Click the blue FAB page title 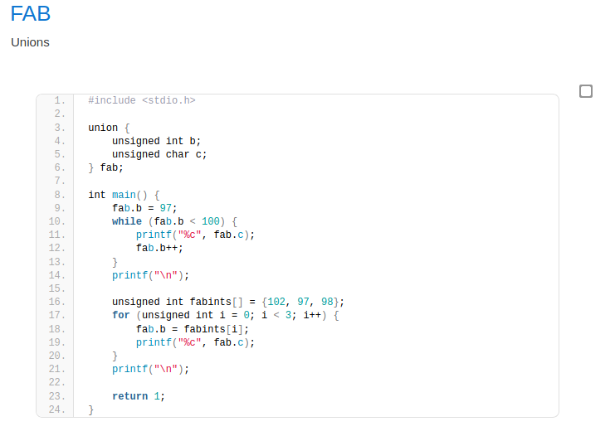point(31,14)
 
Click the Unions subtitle point(30,42)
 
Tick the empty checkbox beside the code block point(586,91)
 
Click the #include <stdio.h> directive point(142,100)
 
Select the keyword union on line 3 point(103,128)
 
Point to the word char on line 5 point(178,154)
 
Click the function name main point(124,195)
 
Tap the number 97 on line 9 point(165,208)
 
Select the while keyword point(127,221)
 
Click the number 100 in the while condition point(211,221)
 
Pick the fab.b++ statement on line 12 point(159,248)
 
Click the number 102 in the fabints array point(276,302)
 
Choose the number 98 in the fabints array point(327,302)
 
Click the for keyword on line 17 point(121,315)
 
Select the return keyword point(129,396)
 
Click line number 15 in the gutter point(57,288)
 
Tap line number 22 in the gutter point(57,382)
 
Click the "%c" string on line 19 point(190,342)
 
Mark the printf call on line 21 point(150,369)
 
